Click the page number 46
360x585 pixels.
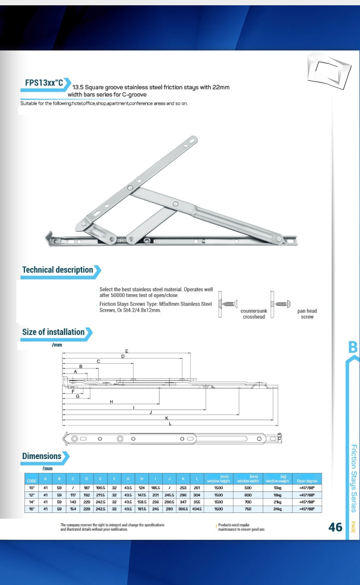(x=335, y=527)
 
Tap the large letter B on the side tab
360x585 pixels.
(x=353, y=347)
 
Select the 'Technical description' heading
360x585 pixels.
(x=58, y=270)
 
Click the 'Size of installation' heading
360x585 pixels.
(x=53, y=332)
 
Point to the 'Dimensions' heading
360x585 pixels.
(x=42, y=456)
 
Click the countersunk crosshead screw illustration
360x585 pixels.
(x=229, y=304)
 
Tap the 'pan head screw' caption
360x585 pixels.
(x=307, y=314)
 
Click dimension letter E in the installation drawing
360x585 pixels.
(x=126, y=351)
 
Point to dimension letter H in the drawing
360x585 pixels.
(x=111, y=401)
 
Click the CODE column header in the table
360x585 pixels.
(x=32, y=481)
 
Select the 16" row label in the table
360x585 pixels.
(x=32, y=509)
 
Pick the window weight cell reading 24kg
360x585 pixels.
(x=277, y=509)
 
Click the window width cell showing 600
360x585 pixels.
(x=248, y=495)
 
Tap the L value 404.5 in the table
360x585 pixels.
(x=197, y=509)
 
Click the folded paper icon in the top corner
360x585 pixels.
(x=327, y=69)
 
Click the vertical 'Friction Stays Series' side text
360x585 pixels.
(x=353, y=478)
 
